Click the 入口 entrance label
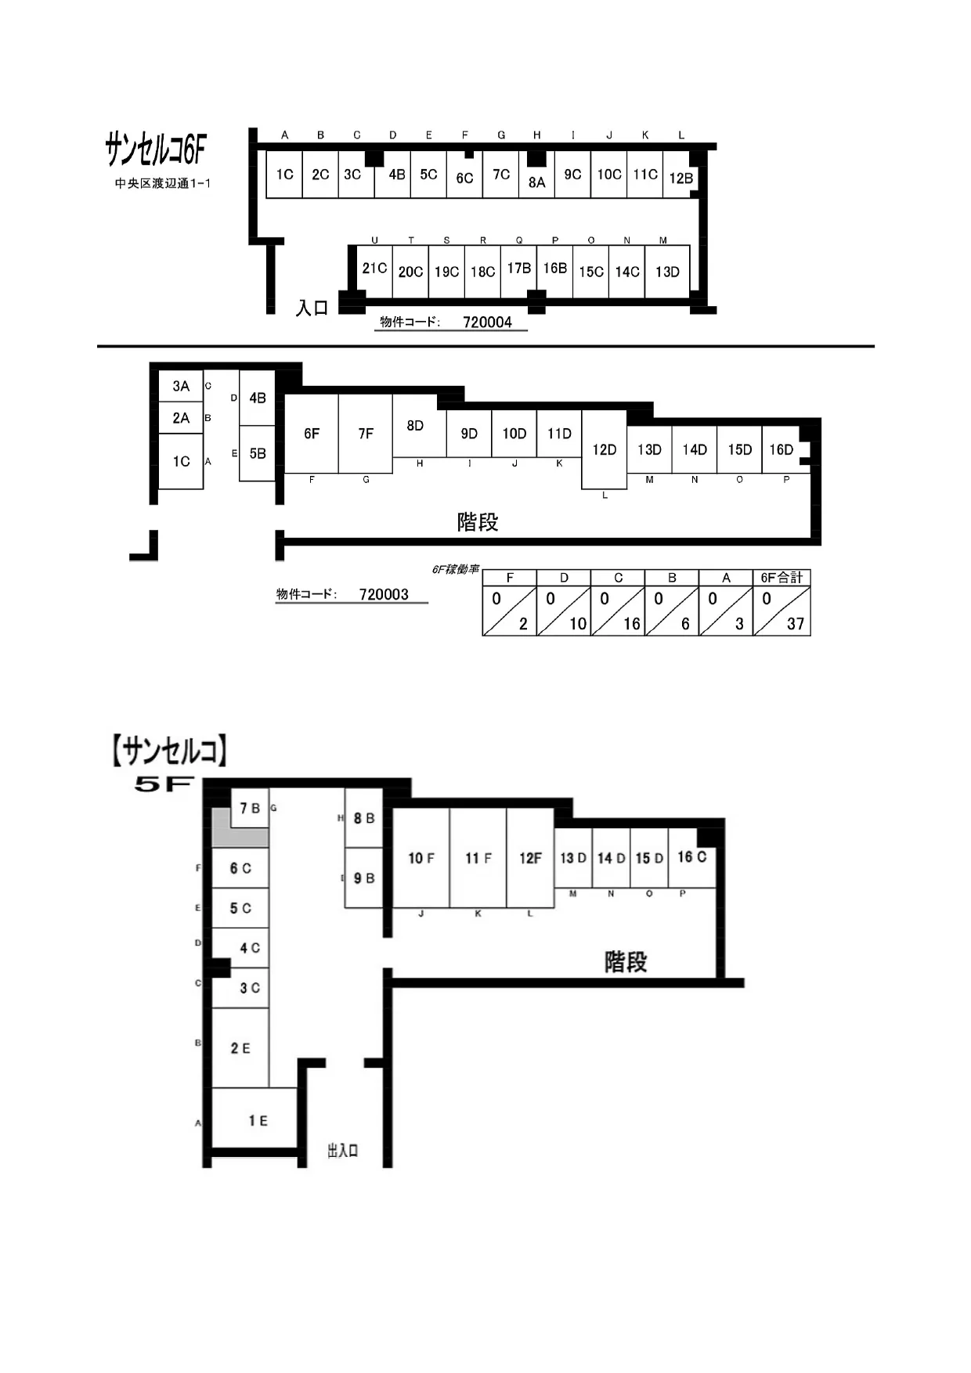point(312,308)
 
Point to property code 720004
point(487,322)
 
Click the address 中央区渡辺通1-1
point(163,183)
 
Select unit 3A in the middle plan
point(181,386)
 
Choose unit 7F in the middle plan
point(366,434)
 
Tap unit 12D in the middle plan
point(605,449)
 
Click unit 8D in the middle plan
point(415,426)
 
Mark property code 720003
point(384,594)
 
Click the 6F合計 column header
point(781,578)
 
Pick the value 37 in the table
point(796,624)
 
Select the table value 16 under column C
point(632,624)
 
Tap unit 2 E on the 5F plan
point(240,1048)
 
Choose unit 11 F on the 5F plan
point(478,858)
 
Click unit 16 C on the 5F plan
point(692,857)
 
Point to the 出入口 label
point(343,1150)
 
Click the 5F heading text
point(164,784)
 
